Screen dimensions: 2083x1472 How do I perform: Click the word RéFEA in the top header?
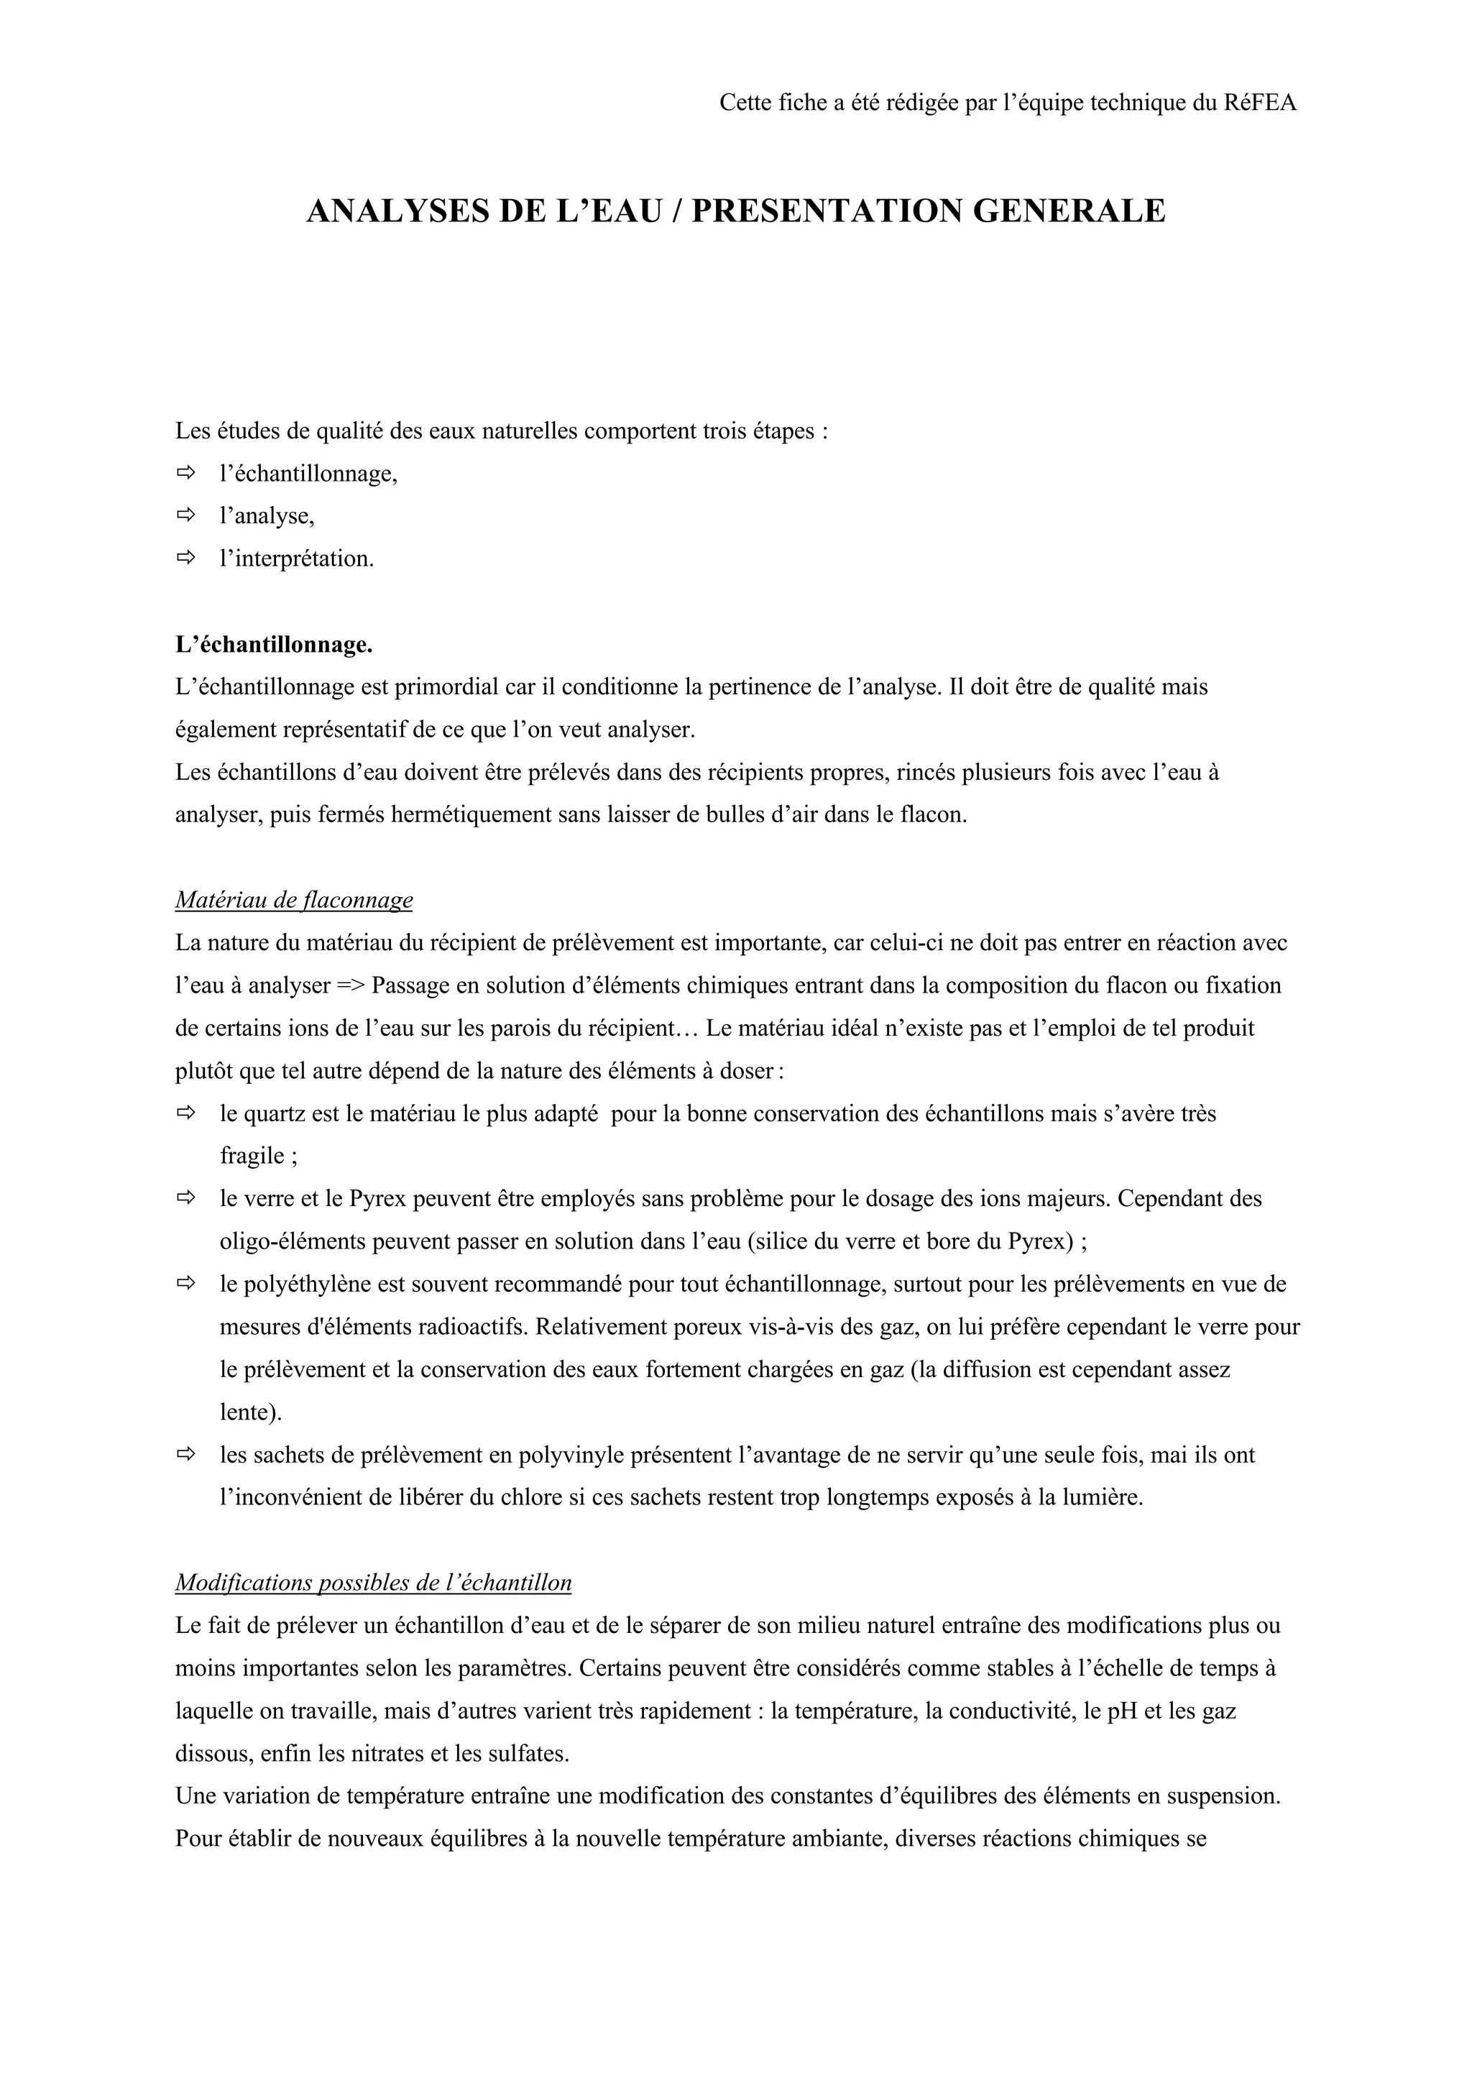coord(1260,103)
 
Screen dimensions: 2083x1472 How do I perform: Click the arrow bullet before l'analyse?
coord(186,515)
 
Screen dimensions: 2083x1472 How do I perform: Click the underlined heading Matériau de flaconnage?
coord(294,900)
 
